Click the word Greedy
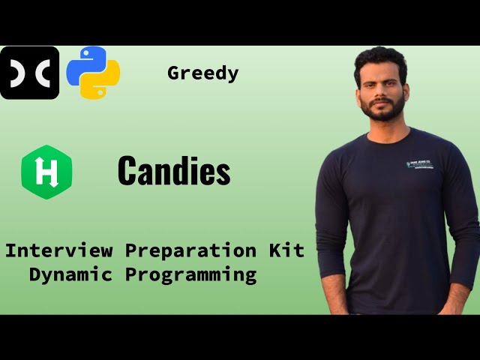click(203, 73)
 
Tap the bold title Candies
click(174, 172)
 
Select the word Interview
click(59, 250)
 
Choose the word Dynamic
click(71, 274)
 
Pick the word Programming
click(190, 275)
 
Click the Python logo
click(93, 73)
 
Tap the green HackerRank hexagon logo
click(46, 172)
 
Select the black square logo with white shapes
click(29, 73)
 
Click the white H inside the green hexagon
click(46, 172)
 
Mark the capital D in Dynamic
click(35, 274)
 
